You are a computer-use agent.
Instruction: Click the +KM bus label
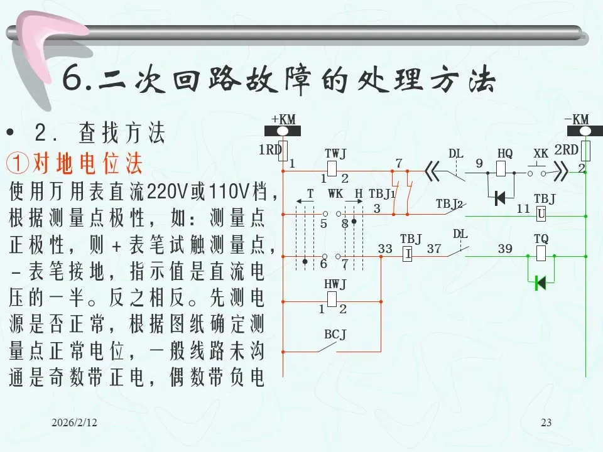tap(283, 119)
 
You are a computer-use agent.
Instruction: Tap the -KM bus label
tap(576, 119)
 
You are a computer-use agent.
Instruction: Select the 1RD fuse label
tap(270, 150)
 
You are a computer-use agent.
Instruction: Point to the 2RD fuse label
tap(566, 150)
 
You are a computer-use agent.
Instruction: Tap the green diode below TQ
tap(539, 283)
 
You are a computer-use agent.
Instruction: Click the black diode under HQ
tap(501, 198)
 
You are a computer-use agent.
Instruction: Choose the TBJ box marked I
tap(407, 254)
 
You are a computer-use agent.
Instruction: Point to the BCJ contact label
tap(335, 334)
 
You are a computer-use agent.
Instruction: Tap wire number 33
tap(385, 249)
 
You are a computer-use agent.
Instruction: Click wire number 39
tap(505, 249)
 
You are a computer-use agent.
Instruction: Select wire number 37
tap(434, 249)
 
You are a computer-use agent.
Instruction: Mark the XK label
tap(541, 154)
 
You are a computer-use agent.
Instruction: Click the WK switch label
tap(335, 193)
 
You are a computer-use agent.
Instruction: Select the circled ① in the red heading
tap(18, 164)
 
